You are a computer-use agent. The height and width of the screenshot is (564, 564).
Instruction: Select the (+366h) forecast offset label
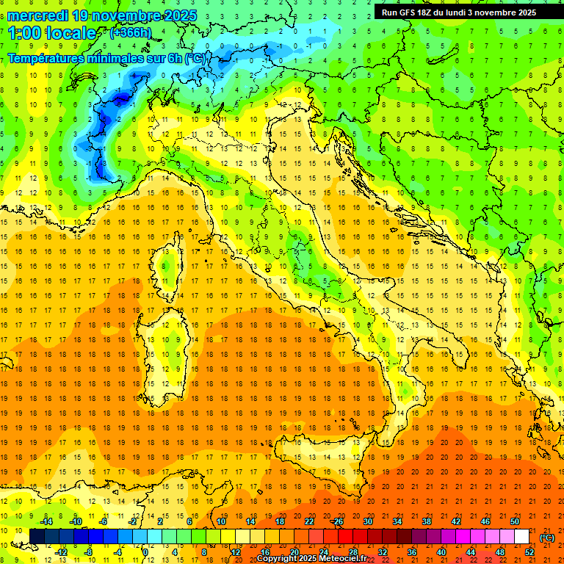click(x=130, y=32)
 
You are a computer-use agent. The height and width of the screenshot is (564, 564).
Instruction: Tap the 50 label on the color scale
click(x=515, y=521)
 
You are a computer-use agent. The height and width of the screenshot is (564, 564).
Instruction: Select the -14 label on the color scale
click(x=46, y=521)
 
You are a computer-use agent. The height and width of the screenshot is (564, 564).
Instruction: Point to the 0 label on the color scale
click(x=145, y=552)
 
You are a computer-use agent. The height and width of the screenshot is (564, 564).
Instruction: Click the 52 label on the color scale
click(x=529, y=552)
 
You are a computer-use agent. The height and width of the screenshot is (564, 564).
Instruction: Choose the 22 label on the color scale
click(x=308, y=521)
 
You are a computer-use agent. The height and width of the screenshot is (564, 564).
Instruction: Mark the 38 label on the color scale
click(x=427, y=521)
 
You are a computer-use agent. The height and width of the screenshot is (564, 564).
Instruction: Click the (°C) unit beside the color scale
click(x=547, y=537)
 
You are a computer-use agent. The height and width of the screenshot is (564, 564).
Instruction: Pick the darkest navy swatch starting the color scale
click(x=37, y=537)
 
